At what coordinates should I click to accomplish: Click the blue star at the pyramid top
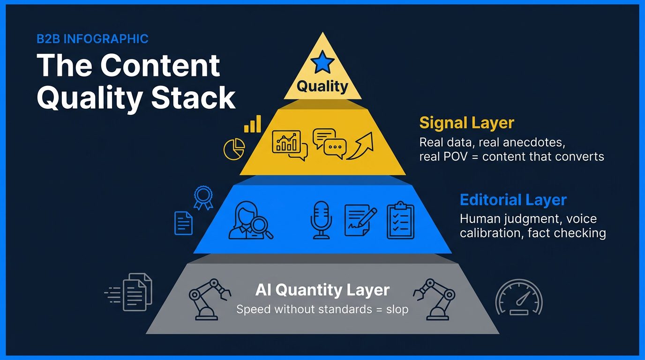click(x=322, y=62)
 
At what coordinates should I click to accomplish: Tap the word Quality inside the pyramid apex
click(x=322, y=86)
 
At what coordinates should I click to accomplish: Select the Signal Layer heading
click(x=467, y=123)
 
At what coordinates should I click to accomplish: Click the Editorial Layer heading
click(x=513, y=200)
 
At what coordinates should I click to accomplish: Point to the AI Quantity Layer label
click(x=322, y=290)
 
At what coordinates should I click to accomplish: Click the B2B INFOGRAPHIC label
click(x=92, y=39)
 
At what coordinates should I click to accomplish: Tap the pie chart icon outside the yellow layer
click(x=234, y=149)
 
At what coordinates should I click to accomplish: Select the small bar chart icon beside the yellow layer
click(x=253, y=124)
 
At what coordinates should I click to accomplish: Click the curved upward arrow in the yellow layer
click(x=360, y=146)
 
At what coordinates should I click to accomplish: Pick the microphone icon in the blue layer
click(x=321, y=220)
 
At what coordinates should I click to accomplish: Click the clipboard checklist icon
click(x=400, y=220)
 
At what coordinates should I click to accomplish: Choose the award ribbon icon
click(x=203, y=197)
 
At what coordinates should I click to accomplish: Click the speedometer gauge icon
click(x=519, y=297)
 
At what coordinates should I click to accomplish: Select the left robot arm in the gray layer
click(x=210, y=299)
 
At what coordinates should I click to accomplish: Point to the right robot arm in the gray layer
click(x=434, y=299)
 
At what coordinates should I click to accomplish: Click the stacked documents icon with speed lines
click(x=128, y=292)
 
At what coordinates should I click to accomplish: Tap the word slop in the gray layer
click(x=397, y=309)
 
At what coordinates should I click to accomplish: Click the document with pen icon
click(x=360, y=220)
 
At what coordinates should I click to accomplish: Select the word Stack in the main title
click(x=193, y=97)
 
